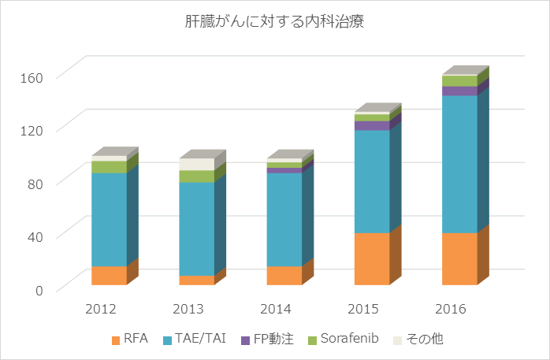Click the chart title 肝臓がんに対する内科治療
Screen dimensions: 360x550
pyautogui.click(x=274, y=22)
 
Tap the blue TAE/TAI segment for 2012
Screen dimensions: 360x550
pyautogui.click(x=109, y=219)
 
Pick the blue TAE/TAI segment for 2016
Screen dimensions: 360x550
pyautogui.click(x=459, y=164)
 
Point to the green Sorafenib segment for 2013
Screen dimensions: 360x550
pyautogui.click(x=196, y=176)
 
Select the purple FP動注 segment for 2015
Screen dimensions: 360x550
pyautogui.click(x=372, y=125)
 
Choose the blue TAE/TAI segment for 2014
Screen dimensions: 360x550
pyautogui.click(x=284, y=219)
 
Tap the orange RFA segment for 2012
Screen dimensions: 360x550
pyautogui.click(x=109, y=275)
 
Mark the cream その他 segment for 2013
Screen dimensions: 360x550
pyautogui.click(x=196, y=164)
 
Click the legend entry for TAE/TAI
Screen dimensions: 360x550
pyautogui.click(x=188, y=339)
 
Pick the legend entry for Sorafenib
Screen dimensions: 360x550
pyautogui.click(x=343, y=339)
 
